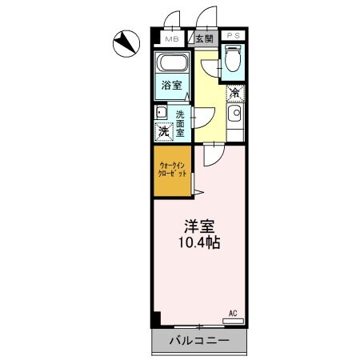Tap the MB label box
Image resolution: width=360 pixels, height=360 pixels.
coord(171,38)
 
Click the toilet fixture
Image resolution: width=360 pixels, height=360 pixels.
coord(233,59)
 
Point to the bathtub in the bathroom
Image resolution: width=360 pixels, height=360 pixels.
coord(171,64)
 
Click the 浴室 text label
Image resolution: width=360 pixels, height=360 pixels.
coord(170,85)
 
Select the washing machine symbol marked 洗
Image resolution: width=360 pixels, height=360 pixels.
coord(162,131)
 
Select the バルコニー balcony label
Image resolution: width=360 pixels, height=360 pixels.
coord(198,342)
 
